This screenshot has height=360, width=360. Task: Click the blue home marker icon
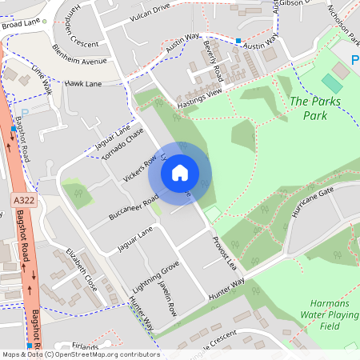click(180, 172)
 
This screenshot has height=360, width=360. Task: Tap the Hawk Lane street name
click(83, 83)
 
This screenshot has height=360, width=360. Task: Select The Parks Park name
click(310, 108)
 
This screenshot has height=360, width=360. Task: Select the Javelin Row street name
click(166, 299)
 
